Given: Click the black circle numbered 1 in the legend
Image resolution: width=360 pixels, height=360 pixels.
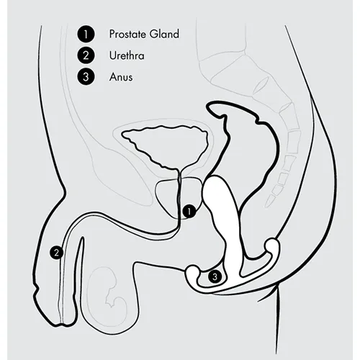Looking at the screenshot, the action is click(86, 34).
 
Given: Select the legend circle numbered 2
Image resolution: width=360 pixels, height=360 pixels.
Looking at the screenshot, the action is click(86, 55).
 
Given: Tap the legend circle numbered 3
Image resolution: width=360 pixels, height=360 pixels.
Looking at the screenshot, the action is click(86, 77).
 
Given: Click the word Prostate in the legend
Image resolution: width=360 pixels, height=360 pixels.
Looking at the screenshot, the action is click(127, 34).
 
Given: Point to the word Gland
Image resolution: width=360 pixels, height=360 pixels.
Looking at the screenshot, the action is click(164, 34).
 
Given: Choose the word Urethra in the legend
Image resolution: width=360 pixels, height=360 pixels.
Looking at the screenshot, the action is click(127, 55).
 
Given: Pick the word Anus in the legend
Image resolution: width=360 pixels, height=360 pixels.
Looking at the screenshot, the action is click(121, 77).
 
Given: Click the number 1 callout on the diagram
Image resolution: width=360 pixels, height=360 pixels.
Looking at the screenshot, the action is click(189, 212).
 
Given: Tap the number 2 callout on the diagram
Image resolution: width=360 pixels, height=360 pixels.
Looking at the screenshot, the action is click(57, 253).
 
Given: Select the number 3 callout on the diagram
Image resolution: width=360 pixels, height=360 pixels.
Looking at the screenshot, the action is click(215, 277).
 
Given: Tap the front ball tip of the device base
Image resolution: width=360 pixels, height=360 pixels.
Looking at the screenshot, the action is click(192, 271).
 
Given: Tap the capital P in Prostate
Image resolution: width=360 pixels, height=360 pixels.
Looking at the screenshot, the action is click(112, 34).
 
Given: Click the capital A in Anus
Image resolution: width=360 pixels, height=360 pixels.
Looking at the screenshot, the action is click(113, 77).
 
